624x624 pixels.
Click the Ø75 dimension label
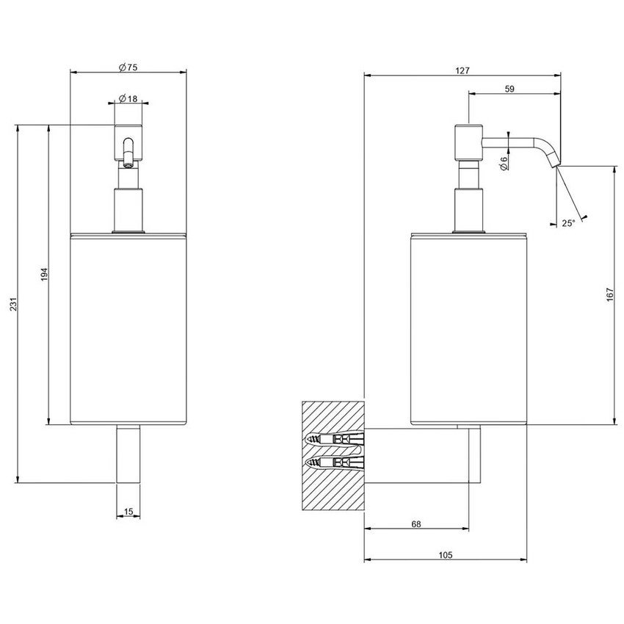click(128, 68)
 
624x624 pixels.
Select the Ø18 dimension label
click(128, 98)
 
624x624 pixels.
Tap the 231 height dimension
click(13, 304)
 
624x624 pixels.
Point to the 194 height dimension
click(45, 275)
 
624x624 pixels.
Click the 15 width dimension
click(128, 512)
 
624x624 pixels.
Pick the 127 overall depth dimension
click(462, 70)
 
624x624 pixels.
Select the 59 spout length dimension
click(509, 89)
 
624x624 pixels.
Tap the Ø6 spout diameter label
click(504, 164)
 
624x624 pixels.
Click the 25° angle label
click(568, 223)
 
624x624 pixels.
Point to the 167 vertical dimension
click(611, 294)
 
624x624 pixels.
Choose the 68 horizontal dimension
click(416, 524)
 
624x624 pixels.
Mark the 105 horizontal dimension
click(446, 555)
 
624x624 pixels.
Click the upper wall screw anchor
click(334, 440)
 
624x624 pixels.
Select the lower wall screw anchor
click(334, 462)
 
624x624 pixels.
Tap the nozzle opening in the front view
click(128, 163)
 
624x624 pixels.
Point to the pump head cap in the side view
click(469, 143)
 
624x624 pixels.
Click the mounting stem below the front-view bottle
click(128, 454)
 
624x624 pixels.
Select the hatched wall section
click(333, 456)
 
